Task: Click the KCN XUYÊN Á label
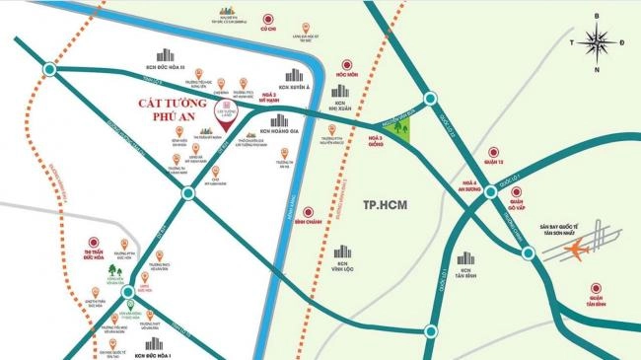point(295,88)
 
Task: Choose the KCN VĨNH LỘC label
point(339,269)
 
